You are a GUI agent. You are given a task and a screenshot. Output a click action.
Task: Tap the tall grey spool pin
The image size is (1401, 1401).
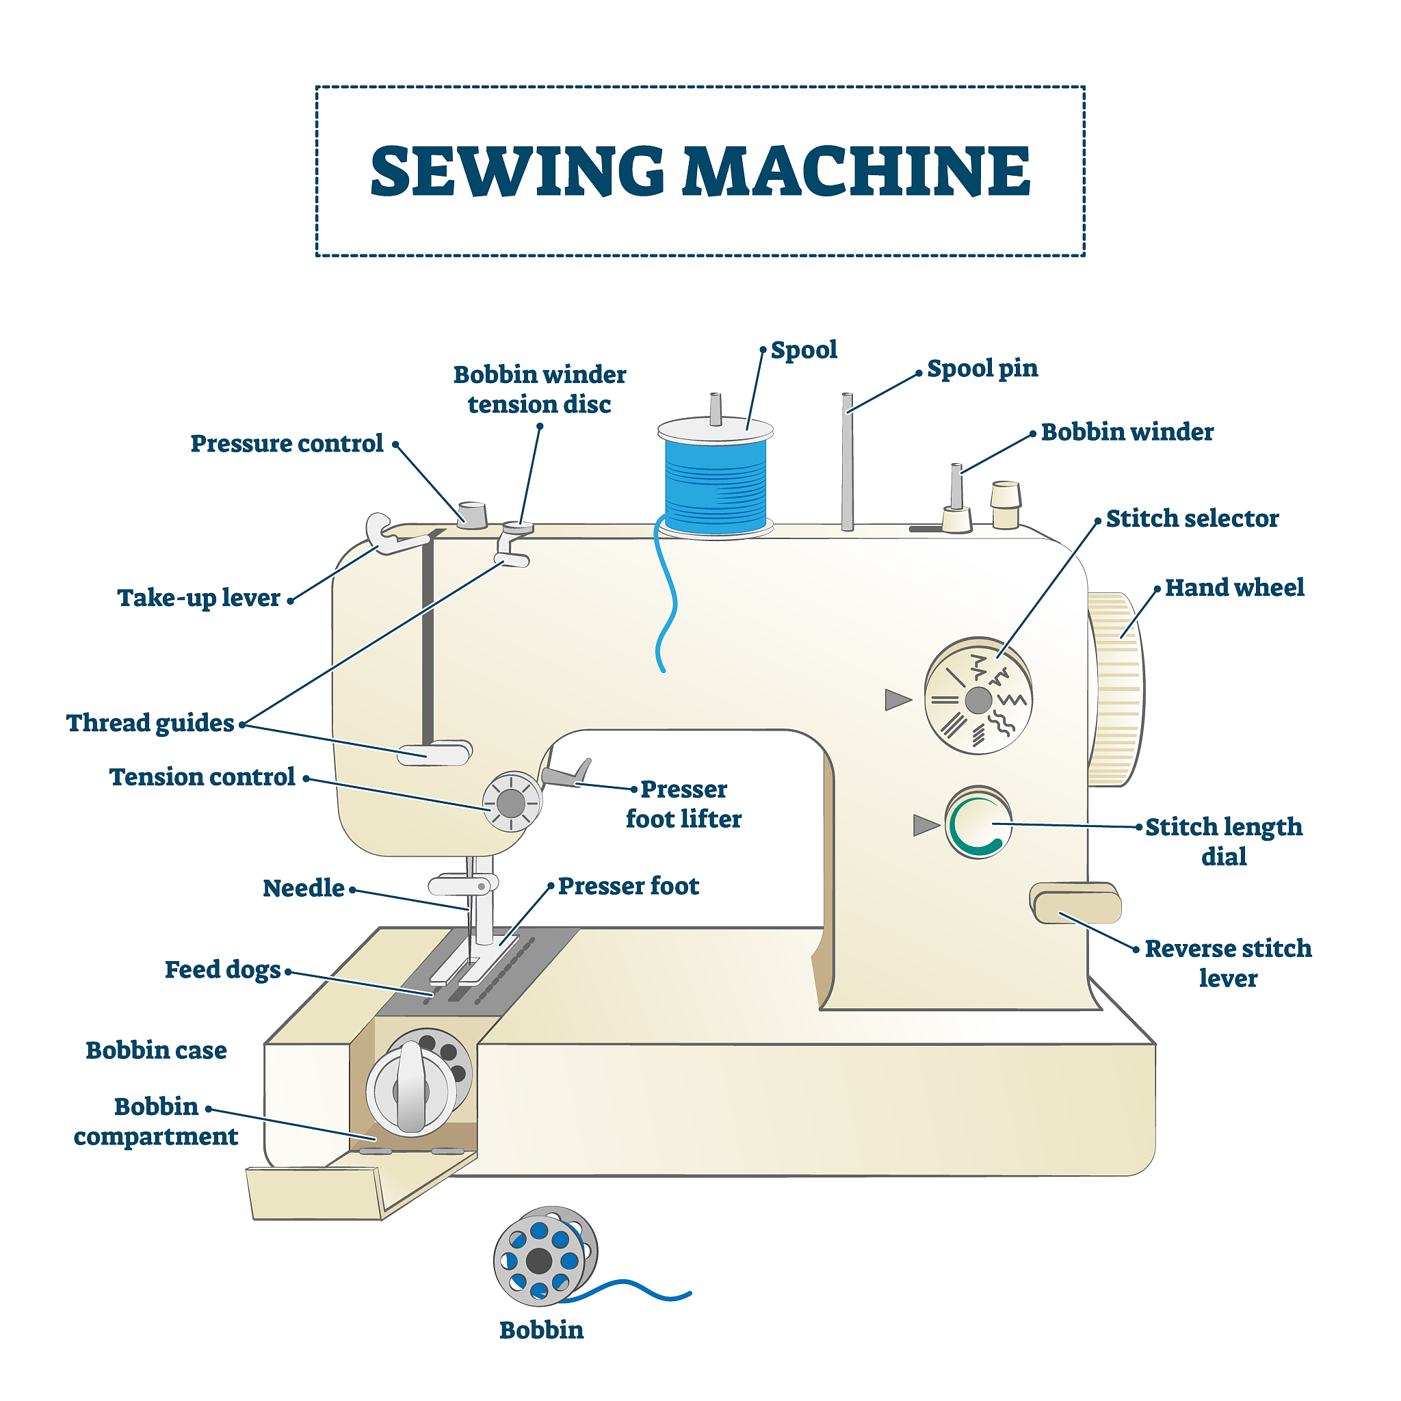tap(847, 462)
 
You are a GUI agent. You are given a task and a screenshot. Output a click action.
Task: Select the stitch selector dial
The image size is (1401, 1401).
tap(978, 696)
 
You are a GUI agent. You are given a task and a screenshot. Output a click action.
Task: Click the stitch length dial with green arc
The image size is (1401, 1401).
tap(978, 823)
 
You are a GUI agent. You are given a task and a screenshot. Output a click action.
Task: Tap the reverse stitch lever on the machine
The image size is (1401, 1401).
tap(1076, 904)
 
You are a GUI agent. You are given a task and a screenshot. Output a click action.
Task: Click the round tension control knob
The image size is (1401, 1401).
tap(512, 802)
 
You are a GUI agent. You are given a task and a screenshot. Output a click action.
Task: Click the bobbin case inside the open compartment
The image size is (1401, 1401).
tap(419, 1082)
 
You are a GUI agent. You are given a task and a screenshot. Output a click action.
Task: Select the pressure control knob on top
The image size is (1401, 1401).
tap(472, 514)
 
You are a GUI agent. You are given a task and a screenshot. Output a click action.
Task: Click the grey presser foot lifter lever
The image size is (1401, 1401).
tap(566, 773)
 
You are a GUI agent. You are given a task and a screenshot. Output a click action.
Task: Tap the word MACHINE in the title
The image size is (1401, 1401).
tap(856, 171)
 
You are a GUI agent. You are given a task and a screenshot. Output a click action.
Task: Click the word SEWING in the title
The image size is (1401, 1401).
tap(517, 171)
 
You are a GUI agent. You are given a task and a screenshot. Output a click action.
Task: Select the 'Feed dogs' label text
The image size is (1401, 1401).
tap(222, 969)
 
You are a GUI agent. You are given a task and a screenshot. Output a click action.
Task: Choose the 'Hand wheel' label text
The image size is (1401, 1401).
tap(1234, 588)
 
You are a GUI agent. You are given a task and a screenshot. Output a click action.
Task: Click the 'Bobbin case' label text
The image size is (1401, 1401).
tap(156, 1050)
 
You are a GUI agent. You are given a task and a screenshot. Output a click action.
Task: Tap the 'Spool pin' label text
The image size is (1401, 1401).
tap(982, 369)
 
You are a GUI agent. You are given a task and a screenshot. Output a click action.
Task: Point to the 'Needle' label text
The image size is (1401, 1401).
tap(303, 889)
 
